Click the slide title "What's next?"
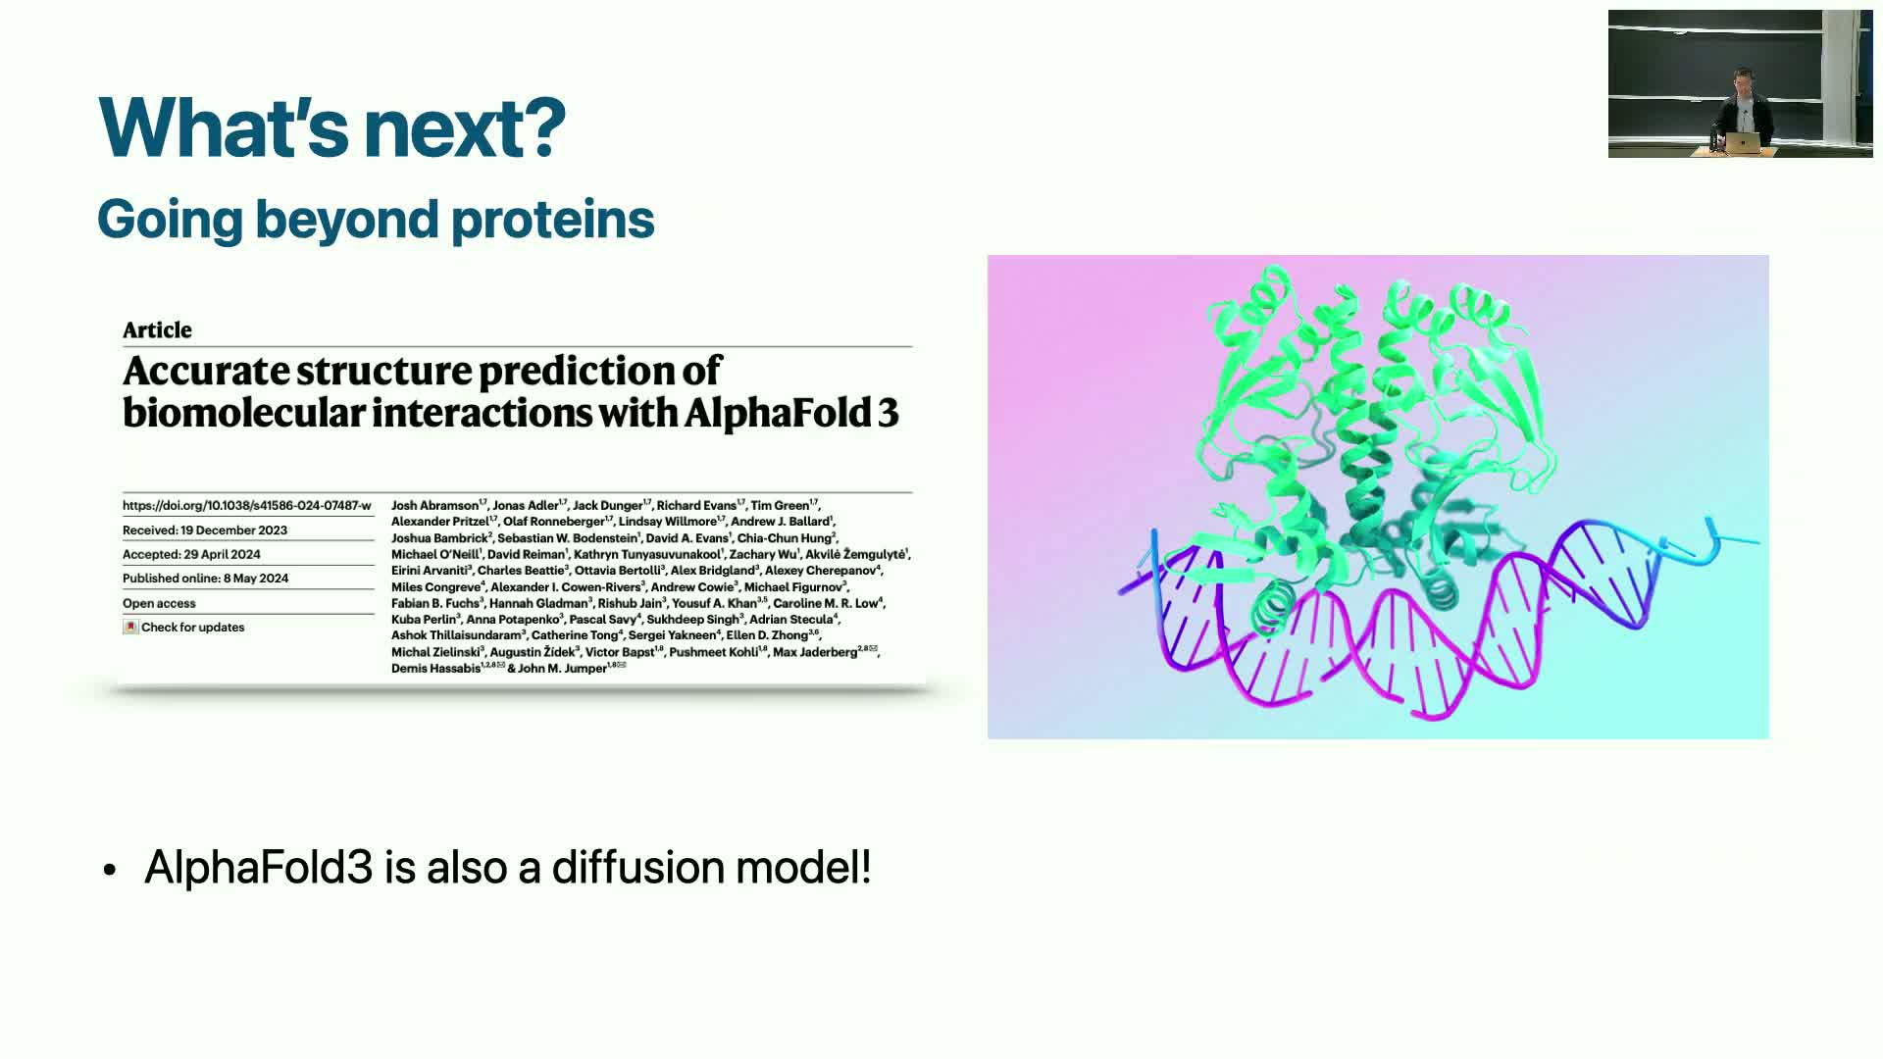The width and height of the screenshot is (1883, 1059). point(332,127)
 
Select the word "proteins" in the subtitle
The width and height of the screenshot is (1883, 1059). point(552,219)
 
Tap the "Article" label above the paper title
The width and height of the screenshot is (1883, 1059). point(157,329)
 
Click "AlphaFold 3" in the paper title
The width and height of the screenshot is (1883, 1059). point(791,413)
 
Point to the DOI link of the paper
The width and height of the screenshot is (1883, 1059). point(247,506)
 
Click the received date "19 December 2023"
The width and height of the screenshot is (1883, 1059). point(233,530)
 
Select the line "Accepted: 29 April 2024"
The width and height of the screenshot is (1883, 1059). point(191,554)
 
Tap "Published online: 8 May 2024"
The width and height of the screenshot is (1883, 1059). point(206,579)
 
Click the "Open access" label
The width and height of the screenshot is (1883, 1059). point(159,603)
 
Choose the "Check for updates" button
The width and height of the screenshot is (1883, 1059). point(184,628)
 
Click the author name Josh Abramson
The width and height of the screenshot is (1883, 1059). point(434,506)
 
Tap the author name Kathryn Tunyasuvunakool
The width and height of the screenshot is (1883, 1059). point(647,554)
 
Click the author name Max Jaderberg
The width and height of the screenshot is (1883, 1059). point(815,652)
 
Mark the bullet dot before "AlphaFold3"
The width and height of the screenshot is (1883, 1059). point(110,870)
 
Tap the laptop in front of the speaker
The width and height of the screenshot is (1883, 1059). point(1743,143)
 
